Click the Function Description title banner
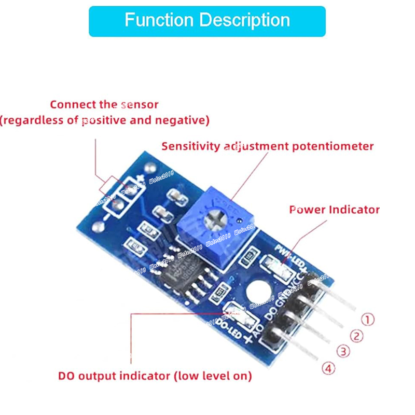point(207,21)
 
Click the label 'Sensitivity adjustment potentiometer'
point(267,146)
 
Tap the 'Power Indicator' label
point(335,210)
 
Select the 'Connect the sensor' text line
point(104,105)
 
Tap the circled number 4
point(329,369)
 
